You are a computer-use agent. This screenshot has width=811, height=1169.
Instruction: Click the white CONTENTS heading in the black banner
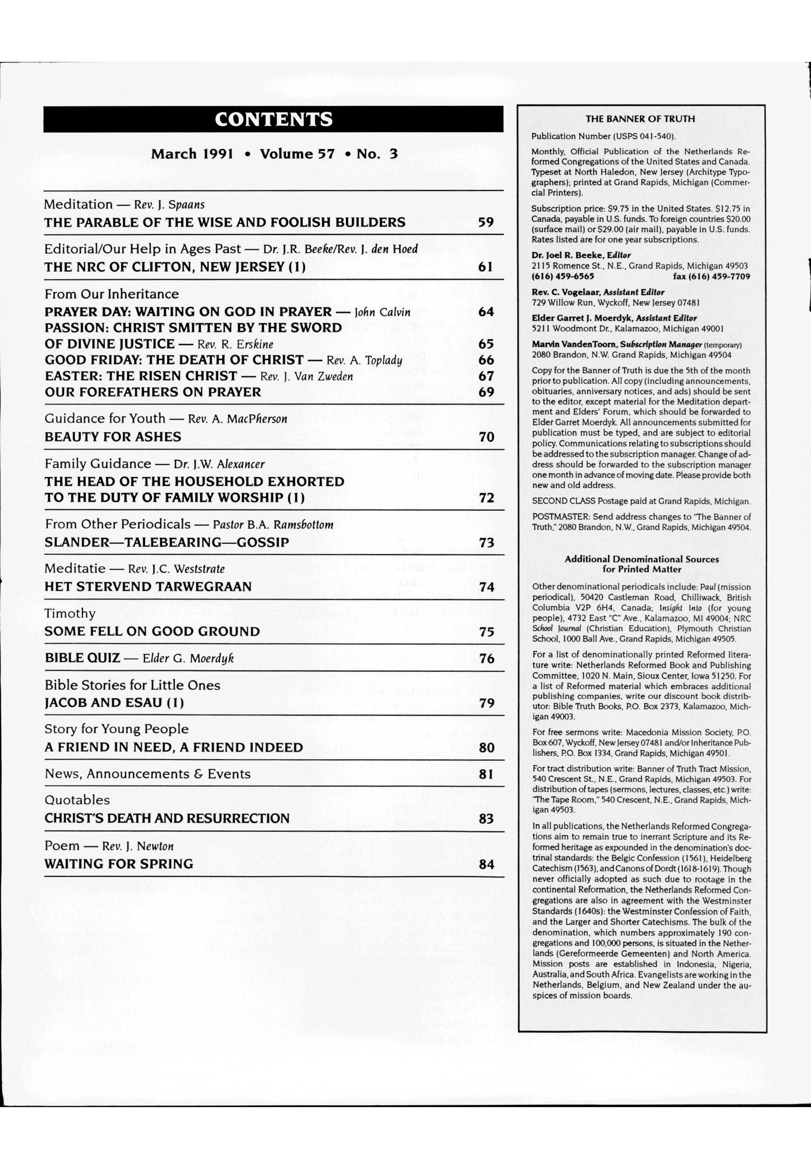pyautogui.click(x=273, y=120)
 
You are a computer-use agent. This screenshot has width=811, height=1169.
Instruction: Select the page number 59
pyautogui.click(x=486, y=222)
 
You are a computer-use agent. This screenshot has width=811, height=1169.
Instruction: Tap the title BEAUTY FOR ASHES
pyautogui.click(x=113, y=437)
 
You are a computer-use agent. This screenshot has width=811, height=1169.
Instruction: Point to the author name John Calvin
pyautogui.click(x=382, y=312)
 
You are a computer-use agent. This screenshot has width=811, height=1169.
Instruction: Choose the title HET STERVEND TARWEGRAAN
pyautogui.click(x=148, y=587)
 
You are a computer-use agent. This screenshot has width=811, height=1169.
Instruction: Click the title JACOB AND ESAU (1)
pyautogui.click(x=114, y=703)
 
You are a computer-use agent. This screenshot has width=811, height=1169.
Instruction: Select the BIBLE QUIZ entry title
pyautogui.click(x=82, y=658)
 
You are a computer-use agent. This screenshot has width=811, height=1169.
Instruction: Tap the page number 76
pyautogui.click(x=486, y=658)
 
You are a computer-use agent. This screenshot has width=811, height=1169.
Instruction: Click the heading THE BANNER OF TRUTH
pyautogui.click(x=640, y=119)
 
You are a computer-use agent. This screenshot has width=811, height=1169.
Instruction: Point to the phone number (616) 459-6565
pyautogui.click(x=563, y=276)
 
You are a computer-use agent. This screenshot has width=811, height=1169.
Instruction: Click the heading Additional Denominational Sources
pyautogui.click(x=641, y=559)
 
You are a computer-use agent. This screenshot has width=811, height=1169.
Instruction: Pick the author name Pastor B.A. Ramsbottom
pyautogui.click(x=273, y=524)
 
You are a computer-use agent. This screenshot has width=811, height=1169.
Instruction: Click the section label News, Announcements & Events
pyautogui.click(x=147, y=774)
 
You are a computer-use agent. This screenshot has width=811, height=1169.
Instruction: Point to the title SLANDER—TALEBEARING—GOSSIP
pyautogui.click(x=167, y=543)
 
